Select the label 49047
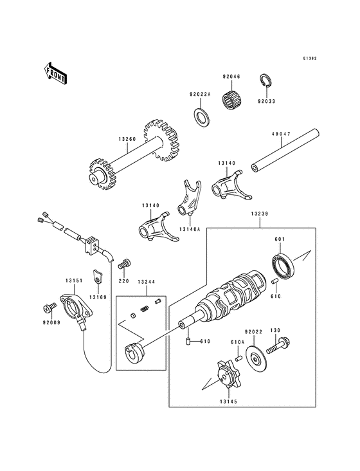pos(281,135)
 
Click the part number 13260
pos(127,138)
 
